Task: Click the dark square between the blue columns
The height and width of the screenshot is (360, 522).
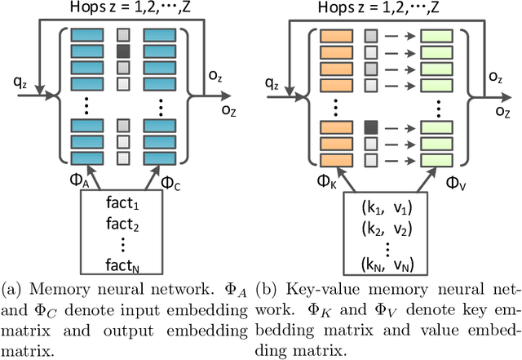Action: (123, 51)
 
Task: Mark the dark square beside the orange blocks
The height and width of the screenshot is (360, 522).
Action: (372, 127)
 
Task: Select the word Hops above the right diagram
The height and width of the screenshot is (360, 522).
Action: (337, 7)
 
